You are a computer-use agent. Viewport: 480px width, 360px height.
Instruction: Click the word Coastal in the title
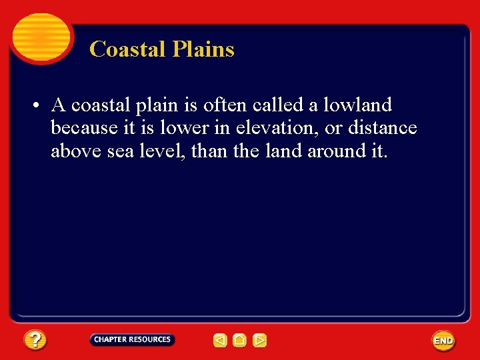click(x=119, y=49)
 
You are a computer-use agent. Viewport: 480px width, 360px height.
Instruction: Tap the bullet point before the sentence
click(x=40, y=105)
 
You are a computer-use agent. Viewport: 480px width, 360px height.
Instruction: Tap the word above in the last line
click(x=75, y=151)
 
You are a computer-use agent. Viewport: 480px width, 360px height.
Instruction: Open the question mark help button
click(x=35, y=341)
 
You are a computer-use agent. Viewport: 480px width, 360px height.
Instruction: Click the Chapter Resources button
click(x=132, y=340)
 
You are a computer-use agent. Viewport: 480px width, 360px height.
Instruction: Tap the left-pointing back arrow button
click(x=220, y=341)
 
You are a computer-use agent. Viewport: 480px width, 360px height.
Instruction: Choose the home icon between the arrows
click(x=240, y=341)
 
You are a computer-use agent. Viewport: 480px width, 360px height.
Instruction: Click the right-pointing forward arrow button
click(x=260, y=341)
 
